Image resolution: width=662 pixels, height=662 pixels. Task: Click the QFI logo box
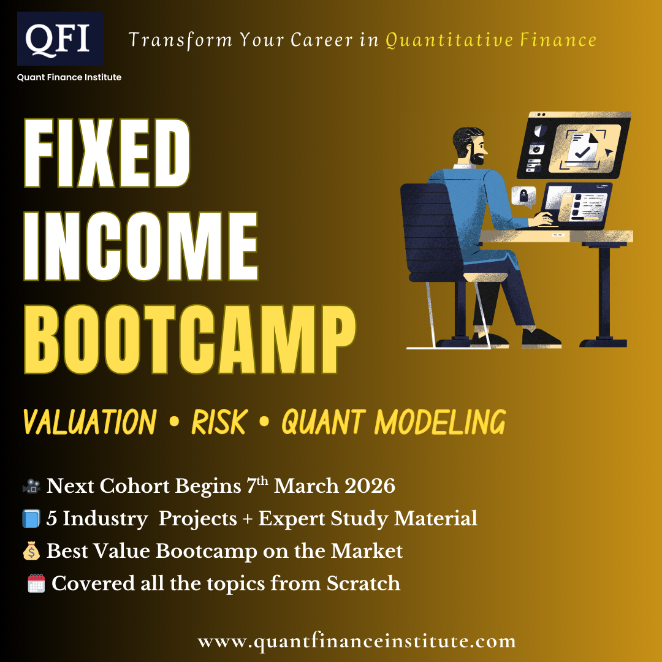point(60,39)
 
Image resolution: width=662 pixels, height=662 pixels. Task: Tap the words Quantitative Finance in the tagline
point(490,40)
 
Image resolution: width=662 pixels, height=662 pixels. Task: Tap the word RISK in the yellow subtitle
point(219,422)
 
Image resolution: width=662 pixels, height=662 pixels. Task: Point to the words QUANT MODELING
point(393,422)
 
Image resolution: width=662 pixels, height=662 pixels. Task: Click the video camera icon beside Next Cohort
point(31,487)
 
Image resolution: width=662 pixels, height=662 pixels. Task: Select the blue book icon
point(31,519)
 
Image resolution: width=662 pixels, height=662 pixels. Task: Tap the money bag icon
point(31,551)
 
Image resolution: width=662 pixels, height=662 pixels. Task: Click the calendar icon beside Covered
point(36,584)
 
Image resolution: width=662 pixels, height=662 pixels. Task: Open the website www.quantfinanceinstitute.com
point(356,642)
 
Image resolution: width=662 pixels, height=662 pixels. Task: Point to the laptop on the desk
point(576,205)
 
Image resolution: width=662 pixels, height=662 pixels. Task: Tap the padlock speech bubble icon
point(523,196)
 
